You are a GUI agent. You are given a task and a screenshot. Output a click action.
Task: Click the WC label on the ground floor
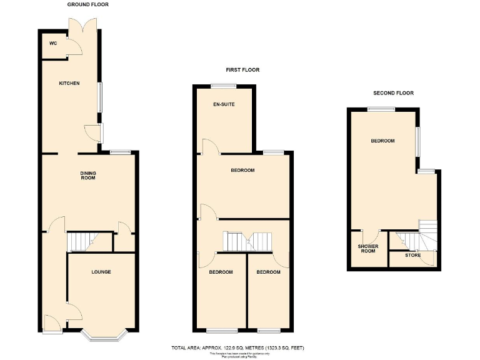point(53,43)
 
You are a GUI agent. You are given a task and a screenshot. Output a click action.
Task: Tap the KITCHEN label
point(69,83)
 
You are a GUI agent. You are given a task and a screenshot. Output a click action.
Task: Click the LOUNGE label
point(101,272)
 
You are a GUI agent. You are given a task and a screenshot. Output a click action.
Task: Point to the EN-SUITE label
point(224,104)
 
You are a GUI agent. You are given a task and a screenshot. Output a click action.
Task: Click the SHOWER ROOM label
point(367,249)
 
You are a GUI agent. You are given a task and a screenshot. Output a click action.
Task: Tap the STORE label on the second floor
point(412,255)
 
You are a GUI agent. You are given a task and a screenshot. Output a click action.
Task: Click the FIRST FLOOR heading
point(242,70)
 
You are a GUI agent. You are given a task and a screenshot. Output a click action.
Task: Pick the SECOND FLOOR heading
point(393,93)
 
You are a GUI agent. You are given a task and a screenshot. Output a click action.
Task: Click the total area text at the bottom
point(237,347)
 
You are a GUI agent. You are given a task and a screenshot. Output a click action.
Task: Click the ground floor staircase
point(80,241)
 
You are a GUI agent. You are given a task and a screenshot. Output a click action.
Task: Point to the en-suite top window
point(222,86)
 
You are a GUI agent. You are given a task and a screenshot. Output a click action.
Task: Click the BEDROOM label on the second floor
point(382,141)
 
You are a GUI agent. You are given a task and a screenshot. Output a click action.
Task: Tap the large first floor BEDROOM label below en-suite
point(242,171)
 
